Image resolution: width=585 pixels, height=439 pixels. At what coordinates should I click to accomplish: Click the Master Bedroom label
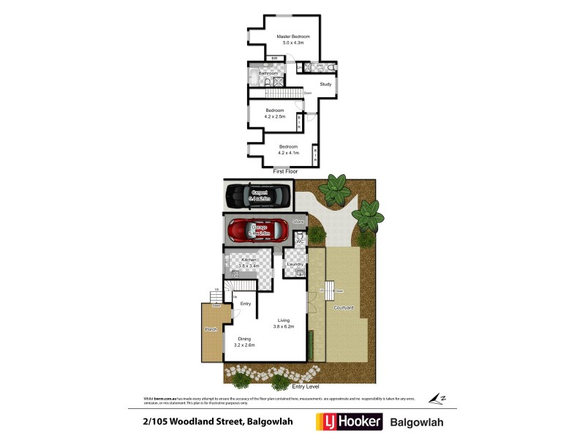pos(292,37)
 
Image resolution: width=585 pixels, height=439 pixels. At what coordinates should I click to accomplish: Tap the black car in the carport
pos(259,195)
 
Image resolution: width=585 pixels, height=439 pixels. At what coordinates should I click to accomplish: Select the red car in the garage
pos(260,231)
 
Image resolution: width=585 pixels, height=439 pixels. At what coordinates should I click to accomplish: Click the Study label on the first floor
pos(325,84)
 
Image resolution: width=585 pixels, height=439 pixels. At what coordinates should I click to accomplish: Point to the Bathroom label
pos(268,73)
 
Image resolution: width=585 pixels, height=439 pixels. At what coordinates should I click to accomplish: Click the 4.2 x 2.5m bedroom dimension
pos(280,116)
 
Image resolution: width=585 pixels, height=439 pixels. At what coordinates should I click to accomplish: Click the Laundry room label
pos(295,263)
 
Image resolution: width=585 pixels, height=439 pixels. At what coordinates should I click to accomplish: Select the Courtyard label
pos(344,308)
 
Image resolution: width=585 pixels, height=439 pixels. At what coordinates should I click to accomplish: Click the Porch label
pos(211,329)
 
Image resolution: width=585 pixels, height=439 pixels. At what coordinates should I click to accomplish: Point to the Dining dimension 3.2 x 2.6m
pos(244,345)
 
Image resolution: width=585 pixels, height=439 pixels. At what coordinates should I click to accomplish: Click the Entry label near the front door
pos(246,304)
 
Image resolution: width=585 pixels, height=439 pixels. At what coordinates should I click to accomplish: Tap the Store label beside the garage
pos(298,221)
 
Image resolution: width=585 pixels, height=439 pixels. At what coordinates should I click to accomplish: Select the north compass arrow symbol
pos(437,399)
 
